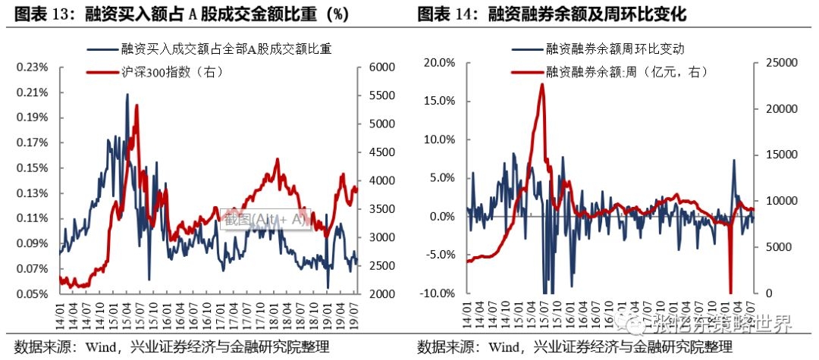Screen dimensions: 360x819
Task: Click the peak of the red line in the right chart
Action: pos(541,84)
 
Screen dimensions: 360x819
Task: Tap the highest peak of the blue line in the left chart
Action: pos(127,95)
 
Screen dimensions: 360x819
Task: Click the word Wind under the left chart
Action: pos(98,348)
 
